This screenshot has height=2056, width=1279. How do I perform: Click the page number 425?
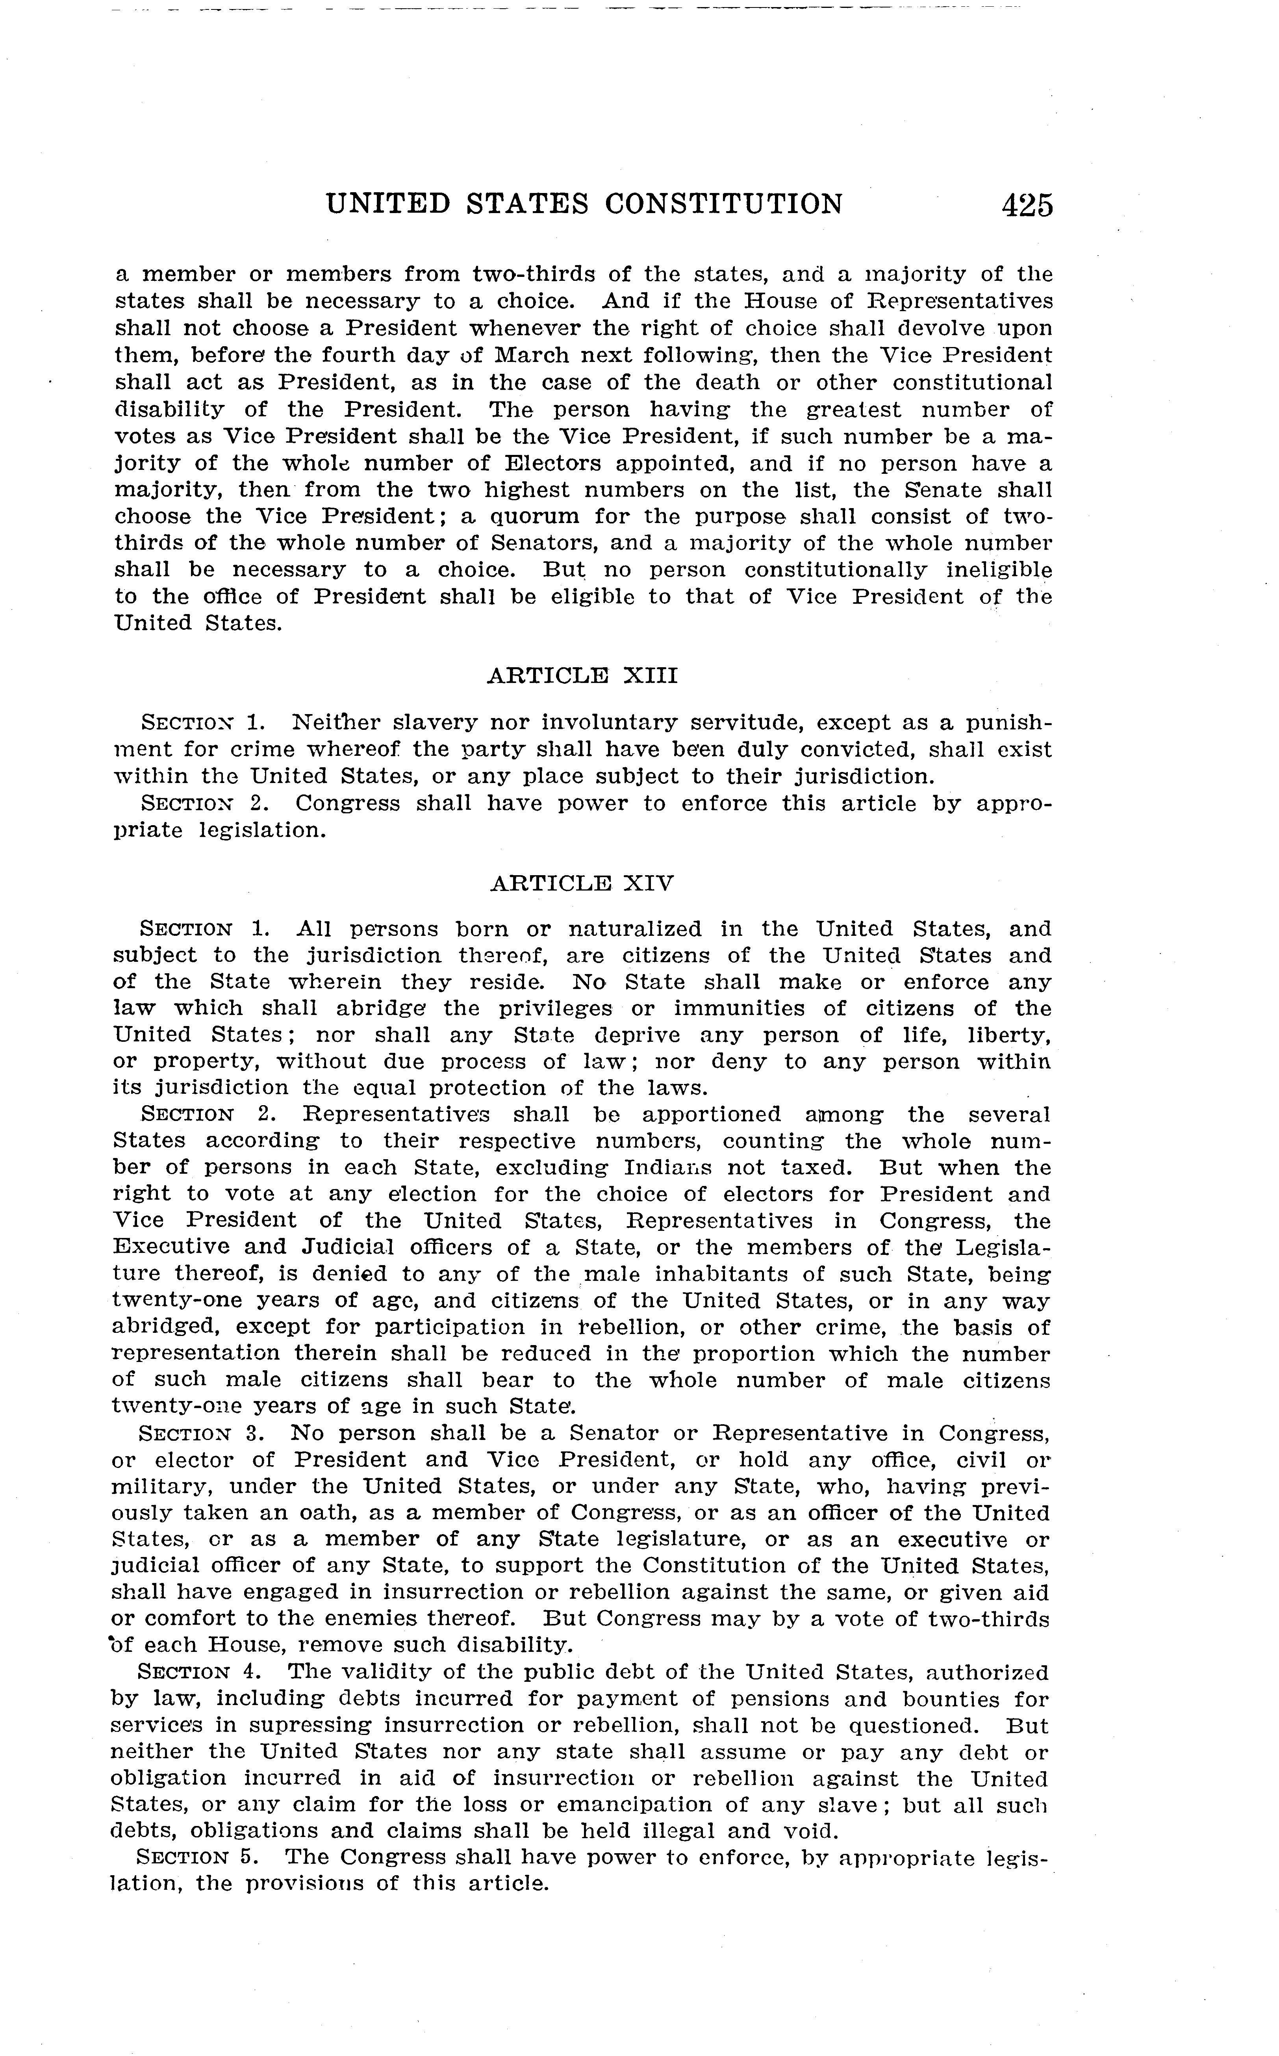coord(1027,206)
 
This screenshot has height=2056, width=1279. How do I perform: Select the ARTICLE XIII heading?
coord(583,676)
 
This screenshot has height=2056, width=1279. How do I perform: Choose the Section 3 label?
coord(200,1433)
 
